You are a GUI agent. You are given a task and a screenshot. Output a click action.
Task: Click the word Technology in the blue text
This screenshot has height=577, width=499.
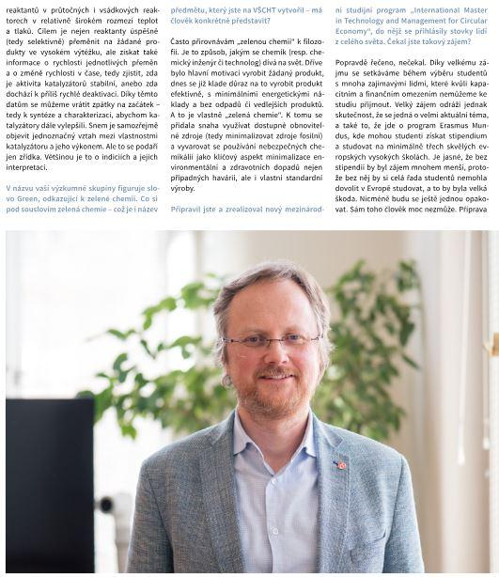coord(366,20)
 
